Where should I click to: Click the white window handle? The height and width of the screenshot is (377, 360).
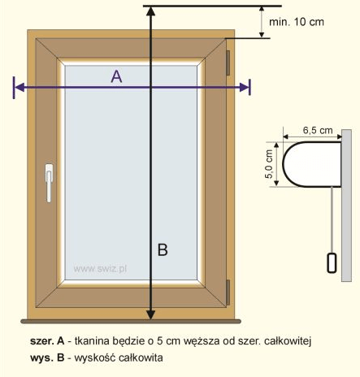(x=49, y=183)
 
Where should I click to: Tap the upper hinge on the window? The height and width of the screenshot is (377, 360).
(x=228, y=63)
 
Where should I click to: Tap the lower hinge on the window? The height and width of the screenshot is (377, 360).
(x=228, y=292)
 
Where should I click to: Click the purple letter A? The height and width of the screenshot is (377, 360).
(x=116, y=76)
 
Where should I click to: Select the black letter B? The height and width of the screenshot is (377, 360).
(x=163, y=249)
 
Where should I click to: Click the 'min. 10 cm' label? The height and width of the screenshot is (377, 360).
(x=297, y=22)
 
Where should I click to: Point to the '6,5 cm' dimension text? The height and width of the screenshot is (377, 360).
(x=318, y=130)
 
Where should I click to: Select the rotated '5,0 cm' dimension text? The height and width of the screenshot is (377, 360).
(x=269, y=164)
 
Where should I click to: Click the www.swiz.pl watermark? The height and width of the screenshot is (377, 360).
(x=100, y=269)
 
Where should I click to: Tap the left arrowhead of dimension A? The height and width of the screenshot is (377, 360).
(x=19, y=87)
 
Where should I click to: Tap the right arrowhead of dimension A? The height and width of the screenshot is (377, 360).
(x=244, y=87)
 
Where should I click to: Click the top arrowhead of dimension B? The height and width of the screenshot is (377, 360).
(x=151, y=11)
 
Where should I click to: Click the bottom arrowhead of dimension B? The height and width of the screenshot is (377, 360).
(x=151, y=315)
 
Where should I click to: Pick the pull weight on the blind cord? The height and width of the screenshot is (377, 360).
(x=332, y=262)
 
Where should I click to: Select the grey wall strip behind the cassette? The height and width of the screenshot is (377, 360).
(x=346, y=206)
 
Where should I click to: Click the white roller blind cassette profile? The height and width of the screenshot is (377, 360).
(x=311, y=164)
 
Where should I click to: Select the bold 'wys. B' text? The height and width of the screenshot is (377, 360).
(x=47, y=357)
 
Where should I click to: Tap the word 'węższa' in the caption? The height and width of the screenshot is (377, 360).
(x=202, y=341)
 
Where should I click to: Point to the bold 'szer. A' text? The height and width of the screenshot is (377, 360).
(x=47, y=340)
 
